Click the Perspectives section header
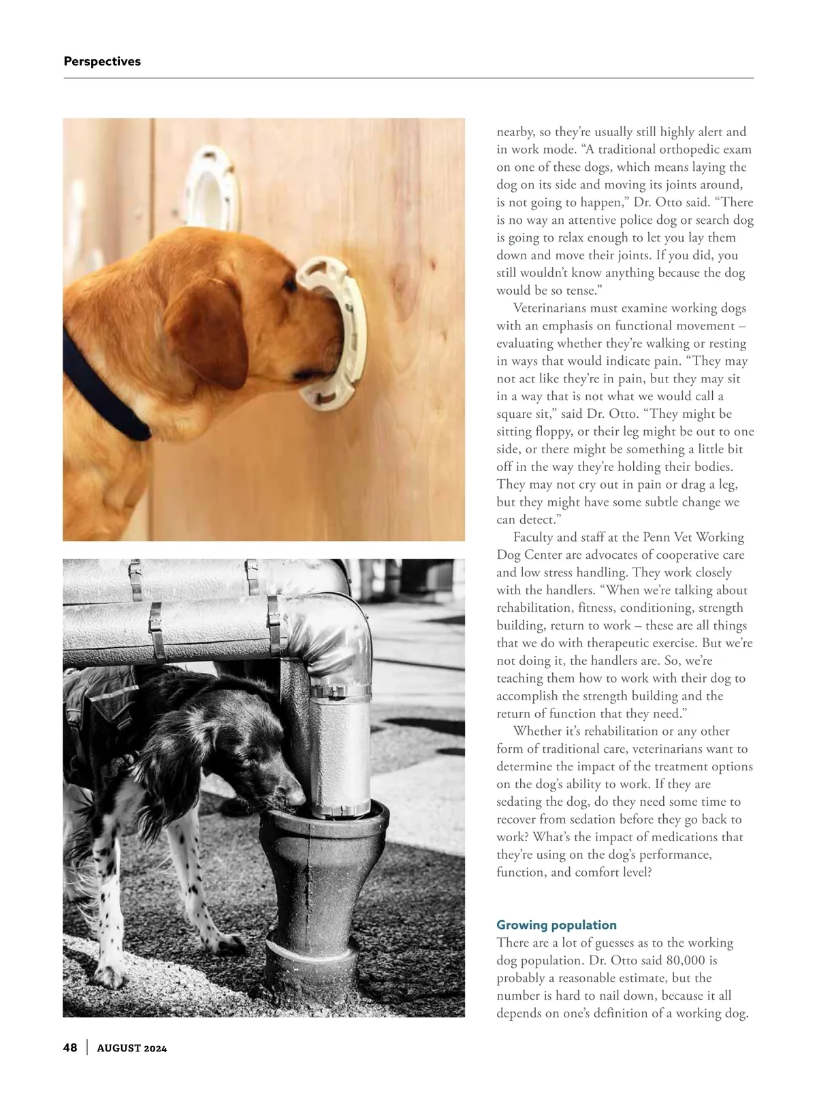point(102,61)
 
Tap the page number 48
point(70,1047)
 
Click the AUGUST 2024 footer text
point(132,1048)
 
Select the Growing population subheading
point(556,925)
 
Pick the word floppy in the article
point(558,431)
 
